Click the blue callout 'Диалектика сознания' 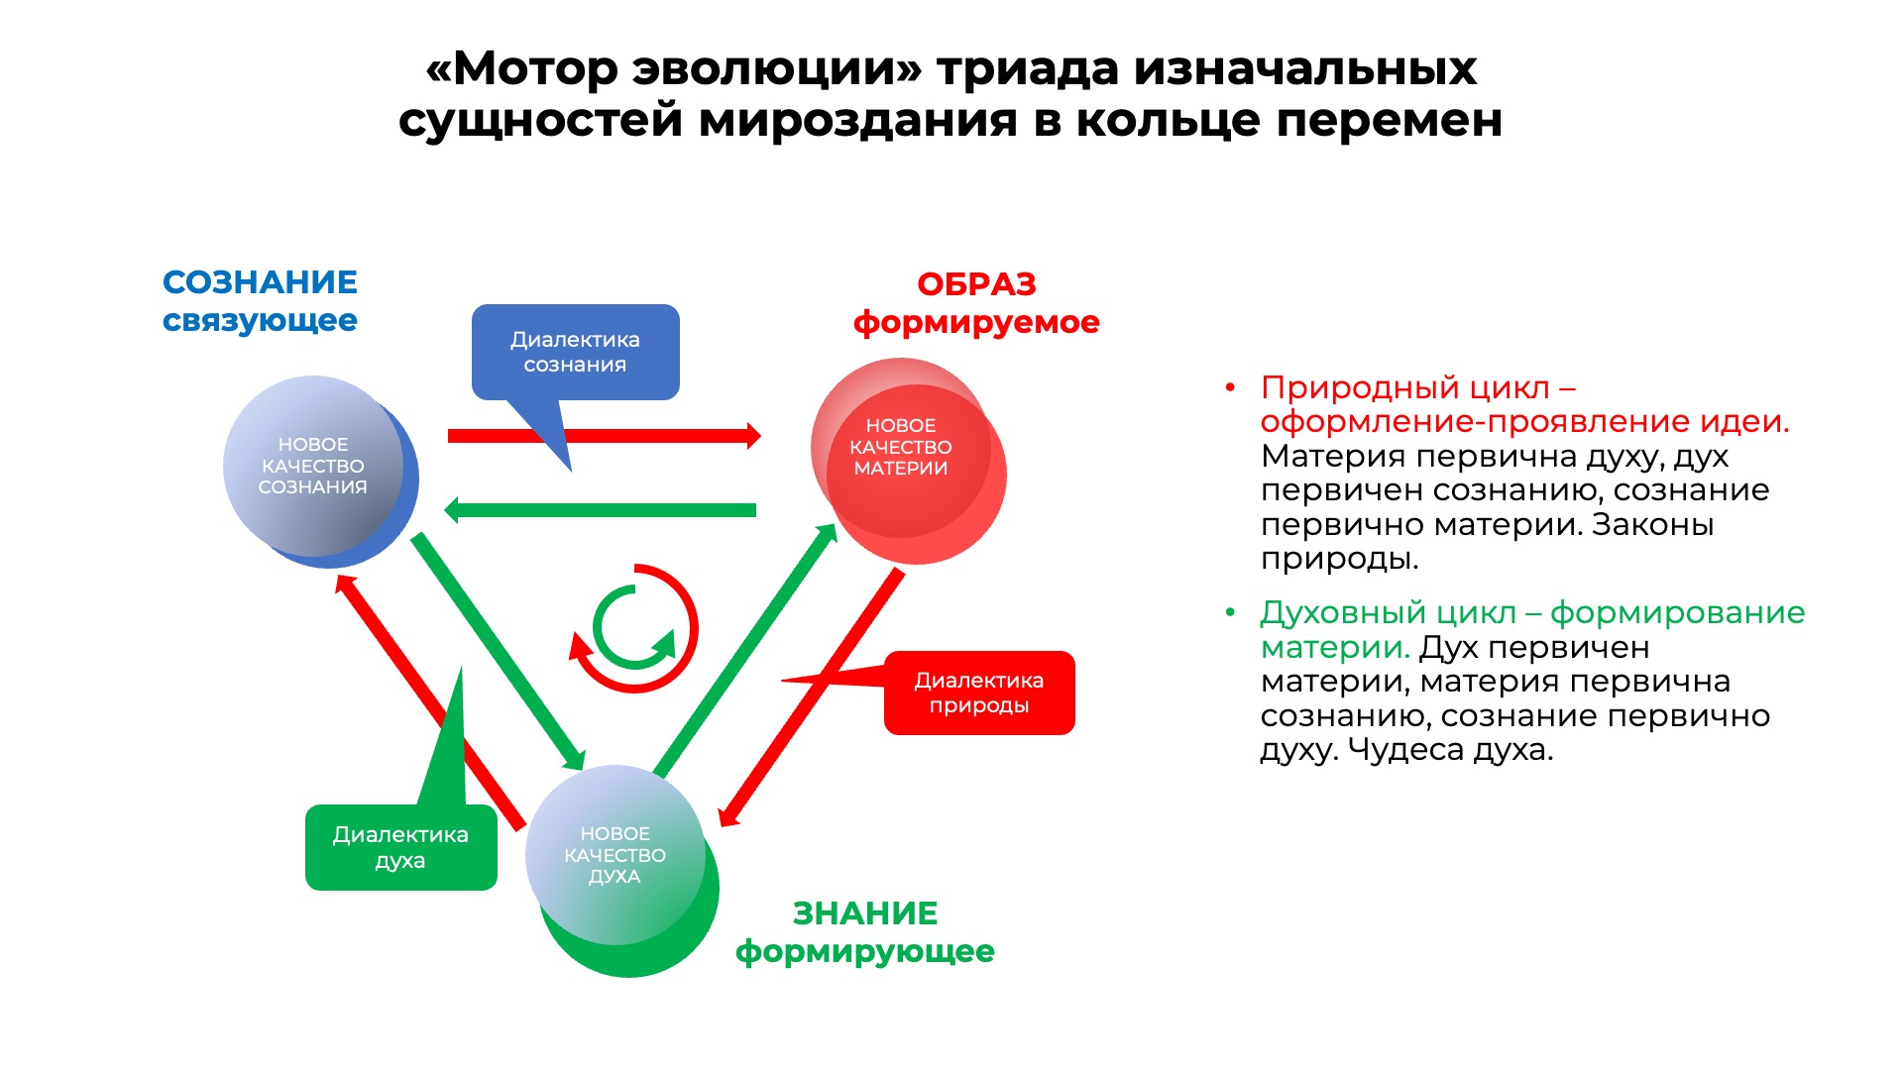576,353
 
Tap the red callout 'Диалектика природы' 979,693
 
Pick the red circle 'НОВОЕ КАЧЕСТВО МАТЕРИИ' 907,461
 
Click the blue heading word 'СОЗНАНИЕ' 260,282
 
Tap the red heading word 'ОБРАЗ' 976,284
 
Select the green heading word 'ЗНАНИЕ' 865,912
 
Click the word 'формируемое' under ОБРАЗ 976,323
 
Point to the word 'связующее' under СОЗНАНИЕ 260,321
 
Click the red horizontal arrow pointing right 605,436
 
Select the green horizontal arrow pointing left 600,510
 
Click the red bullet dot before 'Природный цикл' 1230,387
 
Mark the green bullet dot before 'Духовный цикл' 1230,613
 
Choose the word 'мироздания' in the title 859,121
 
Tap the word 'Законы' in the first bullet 1652,524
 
